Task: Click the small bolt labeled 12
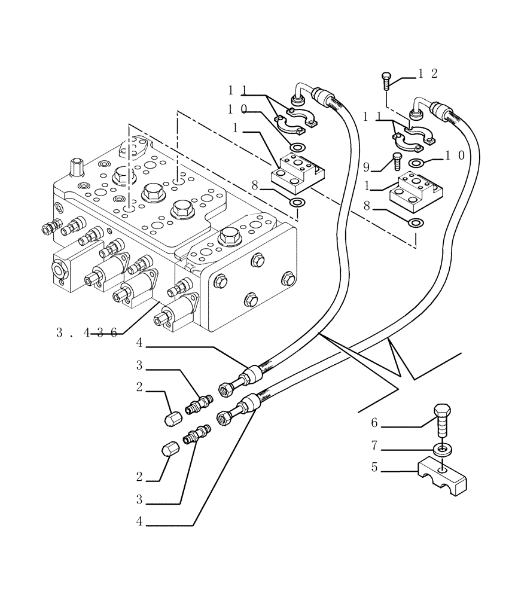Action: click(385, 80)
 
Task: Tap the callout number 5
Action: click(374, 468)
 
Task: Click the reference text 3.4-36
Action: click(90, 333)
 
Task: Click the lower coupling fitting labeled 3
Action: click(197, 435)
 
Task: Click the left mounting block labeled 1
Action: click(296, 169)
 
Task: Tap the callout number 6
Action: click(374, 423)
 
